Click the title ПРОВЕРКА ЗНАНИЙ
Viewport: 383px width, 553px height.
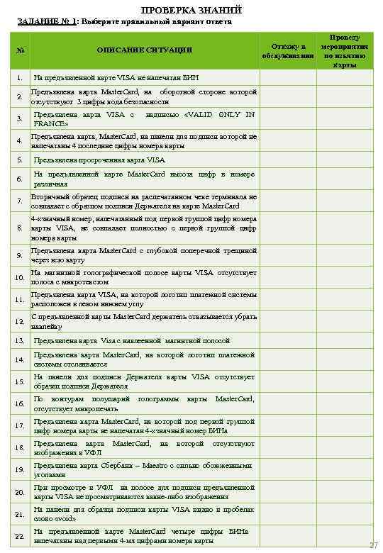(x=191, y=9)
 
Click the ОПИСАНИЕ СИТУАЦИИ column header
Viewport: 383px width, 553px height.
(x=145, y=49)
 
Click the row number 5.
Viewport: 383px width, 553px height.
(x=19, y=160)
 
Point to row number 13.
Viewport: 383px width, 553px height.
(x=19, y=341)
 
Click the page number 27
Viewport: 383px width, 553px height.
(x=374, y=544)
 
